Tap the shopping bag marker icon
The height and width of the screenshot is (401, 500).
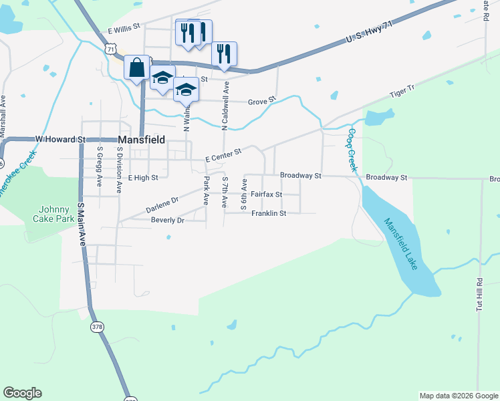(x=137, y=68)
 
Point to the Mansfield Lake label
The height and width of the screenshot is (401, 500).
(x=401, y=244)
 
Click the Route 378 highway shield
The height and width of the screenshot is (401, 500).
(x=98, y=326)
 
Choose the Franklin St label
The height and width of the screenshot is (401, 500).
(x=269, y=213)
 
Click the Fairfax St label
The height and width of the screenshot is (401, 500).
(x=267, y=194)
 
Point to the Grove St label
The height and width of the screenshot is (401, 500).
(x=261, y=102)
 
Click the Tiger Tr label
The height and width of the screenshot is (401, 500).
(x=403, y=91)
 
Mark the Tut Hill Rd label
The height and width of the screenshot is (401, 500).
(x=479, y=295)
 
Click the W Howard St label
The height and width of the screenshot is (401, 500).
(x=61, y=139)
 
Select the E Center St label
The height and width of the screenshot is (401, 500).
(x=223, y=155)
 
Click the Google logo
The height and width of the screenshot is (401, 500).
(x=22, y=393)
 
